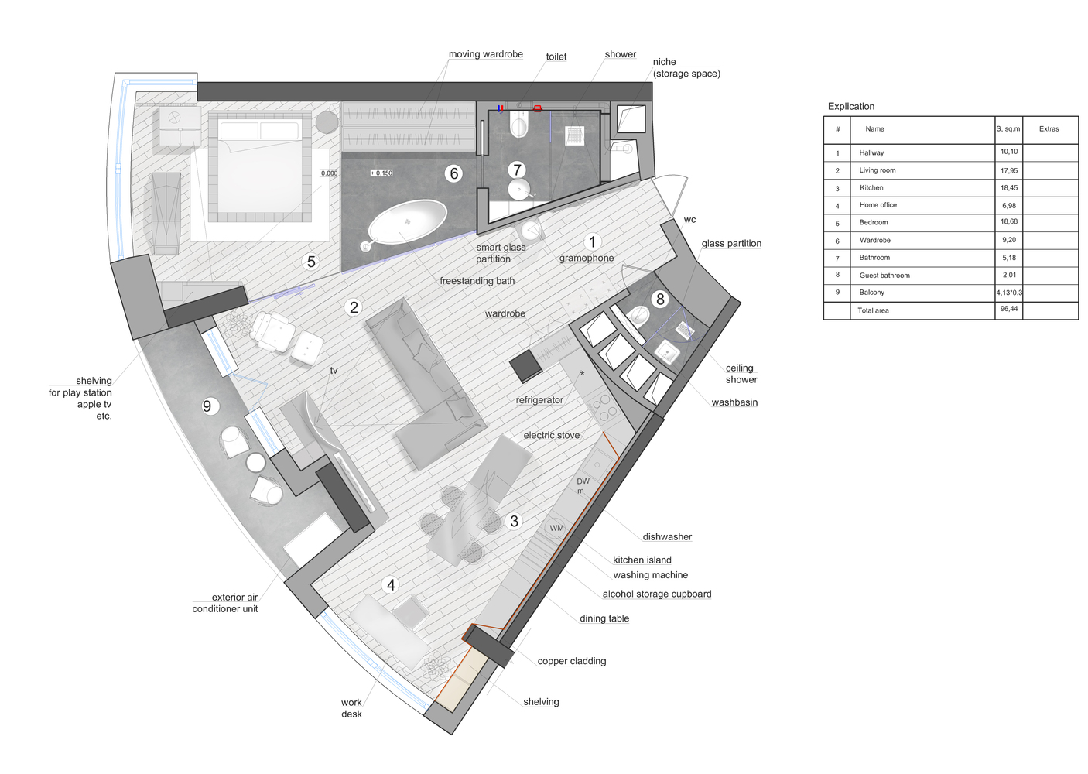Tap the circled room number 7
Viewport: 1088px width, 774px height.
click(x=517, y=170)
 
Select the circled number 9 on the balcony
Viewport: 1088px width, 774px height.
click(x=207, y=406)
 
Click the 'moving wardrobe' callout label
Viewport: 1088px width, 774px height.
click(x=486, y=54)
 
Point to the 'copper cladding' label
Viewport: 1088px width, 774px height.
click(x=572, y=661)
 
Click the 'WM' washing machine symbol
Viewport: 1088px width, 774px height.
click(x=556, y=528)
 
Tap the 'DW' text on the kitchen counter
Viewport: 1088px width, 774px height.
click(x=583, y=481)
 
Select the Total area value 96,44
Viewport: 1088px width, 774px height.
click(x=1009, y=309)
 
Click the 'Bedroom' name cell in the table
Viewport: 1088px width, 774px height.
click(x=874, y=222)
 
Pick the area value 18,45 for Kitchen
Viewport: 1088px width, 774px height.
click(x=1009, y=187)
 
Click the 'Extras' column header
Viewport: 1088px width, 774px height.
click(x=1049, y=128)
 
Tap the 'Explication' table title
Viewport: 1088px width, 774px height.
click(x=851, y=106)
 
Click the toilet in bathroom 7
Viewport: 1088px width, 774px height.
click(x=518, y=124)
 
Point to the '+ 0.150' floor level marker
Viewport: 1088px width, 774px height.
click(x=381, y=173)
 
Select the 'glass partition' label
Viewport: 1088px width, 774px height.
click(x=731, y=244)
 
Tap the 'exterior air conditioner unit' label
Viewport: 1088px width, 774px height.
click(x=225, y=603)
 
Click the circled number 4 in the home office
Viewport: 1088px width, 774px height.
click(x=391, y=585)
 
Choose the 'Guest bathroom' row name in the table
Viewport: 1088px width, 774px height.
click(x=884, y=275)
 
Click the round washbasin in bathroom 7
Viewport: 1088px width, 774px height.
click(x=519, y=189)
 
